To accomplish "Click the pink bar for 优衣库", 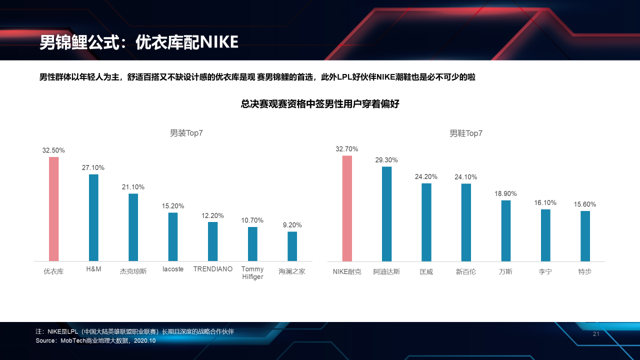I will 53,209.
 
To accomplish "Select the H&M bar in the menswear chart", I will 93,217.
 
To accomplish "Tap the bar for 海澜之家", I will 292,246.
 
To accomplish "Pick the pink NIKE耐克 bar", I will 347,208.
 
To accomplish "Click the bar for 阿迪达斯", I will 386,214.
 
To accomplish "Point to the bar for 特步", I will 585,236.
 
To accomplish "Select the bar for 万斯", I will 505,230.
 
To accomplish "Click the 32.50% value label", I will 53,150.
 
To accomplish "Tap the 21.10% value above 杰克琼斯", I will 133,187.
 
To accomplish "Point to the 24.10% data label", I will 465,177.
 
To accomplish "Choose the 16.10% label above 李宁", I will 545,202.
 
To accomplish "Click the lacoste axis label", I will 173,269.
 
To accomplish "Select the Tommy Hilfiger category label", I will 252,273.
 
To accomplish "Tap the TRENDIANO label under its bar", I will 213,269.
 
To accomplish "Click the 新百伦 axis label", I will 465,272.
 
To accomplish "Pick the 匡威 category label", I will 426,272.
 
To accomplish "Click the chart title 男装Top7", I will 186,133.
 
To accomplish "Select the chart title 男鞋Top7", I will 465,133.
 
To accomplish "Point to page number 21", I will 595,334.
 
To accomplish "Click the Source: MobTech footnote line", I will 95,340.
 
